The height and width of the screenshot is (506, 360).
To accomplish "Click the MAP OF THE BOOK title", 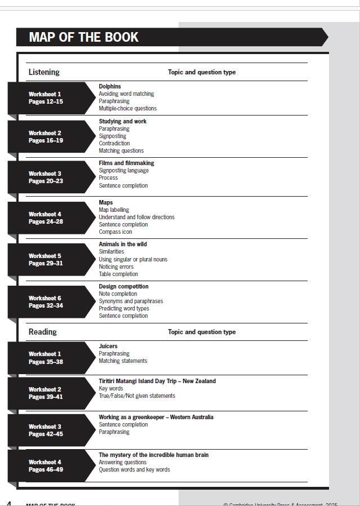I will pos(83,37).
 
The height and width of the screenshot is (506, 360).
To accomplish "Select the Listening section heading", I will pos(44,72).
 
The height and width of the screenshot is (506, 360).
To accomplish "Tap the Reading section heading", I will pos(43,332).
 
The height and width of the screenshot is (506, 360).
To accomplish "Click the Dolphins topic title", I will pos(110,86).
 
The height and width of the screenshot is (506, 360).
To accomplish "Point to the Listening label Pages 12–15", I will pos(46,102).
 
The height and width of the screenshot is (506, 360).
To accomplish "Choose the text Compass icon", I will pos(115,232).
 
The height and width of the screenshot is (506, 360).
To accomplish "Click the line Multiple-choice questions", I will pos(127,108).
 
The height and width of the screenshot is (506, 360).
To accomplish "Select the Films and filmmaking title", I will pos(126,163).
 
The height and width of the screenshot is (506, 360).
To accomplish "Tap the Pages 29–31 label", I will pos(46,264).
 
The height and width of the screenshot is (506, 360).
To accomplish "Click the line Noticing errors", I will pos(116,267).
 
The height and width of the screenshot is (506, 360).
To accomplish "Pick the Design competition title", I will pos(123,286).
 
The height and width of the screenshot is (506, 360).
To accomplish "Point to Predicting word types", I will pos(124,308).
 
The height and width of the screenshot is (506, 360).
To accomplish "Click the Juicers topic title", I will pos(108,346).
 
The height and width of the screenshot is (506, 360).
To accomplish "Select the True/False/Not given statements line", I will pos(137,396).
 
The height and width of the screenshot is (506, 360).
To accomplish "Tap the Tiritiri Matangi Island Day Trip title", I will pos(157,381).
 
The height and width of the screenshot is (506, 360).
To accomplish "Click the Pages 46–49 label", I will pos(46,470).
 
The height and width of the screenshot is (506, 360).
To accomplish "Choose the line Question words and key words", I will pos(134,469).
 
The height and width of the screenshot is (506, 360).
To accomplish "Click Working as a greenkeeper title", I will pos(156,417).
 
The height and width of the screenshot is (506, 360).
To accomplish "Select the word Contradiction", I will pos(114,143).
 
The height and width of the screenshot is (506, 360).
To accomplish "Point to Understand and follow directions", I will pos(136,217).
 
